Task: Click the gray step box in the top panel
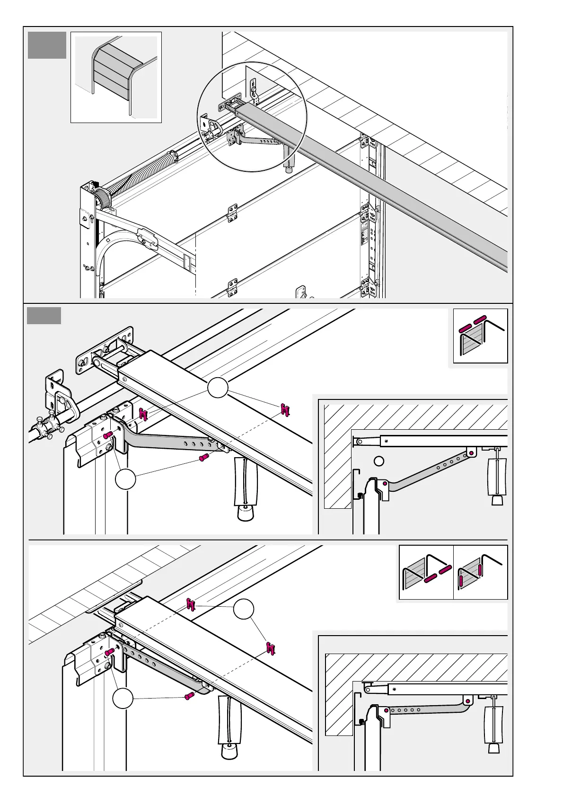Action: [47, 45]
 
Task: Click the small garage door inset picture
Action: [116, 77]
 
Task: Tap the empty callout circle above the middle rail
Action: [218, 388]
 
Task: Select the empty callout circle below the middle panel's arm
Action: [125, 479]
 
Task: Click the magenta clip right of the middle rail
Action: [285, 410]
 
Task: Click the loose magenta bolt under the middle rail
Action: [204, 457]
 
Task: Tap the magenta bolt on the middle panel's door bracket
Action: [107, 434]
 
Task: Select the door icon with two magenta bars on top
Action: [480, 336]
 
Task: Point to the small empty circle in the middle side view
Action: [378, 460]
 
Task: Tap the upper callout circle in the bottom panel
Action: [244, 609]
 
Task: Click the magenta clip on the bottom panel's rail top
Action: [191, 604]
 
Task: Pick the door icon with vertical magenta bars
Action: [480, 572]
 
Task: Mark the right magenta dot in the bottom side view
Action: [467, 701]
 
